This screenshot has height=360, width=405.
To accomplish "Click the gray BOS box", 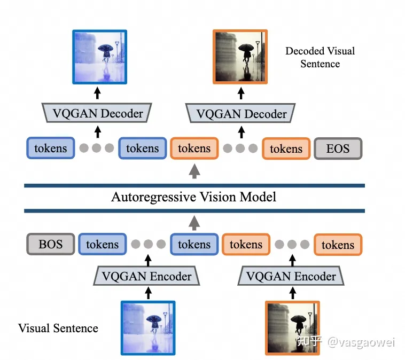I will [x=50, y=245].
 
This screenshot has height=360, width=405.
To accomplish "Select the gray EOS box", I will [x=338, y=148].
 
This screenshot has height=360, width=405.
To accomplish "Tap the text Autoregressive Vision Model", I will [x=193, y=197].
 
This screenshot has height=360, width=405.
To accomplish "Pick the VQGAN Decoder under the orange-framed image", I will [x=241, y=114].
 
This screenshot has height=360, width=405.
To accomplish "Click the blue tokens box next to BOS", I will [x=102, y=245].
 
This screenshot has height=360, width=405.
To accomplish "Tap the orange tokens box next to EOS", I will [x=286, y=148].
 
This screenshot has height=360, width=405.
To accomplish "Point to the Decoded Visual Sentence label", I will [x=320, y=57].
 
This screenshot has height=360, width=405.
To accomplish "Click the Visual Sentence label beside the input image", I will [x=58, y=327].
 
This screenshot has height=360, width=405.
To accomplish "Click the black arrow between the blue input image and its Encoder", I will [x=149, y=292].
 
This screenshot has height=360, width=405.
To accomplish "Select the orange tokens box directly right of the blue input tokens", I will [x=246, y=245].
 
